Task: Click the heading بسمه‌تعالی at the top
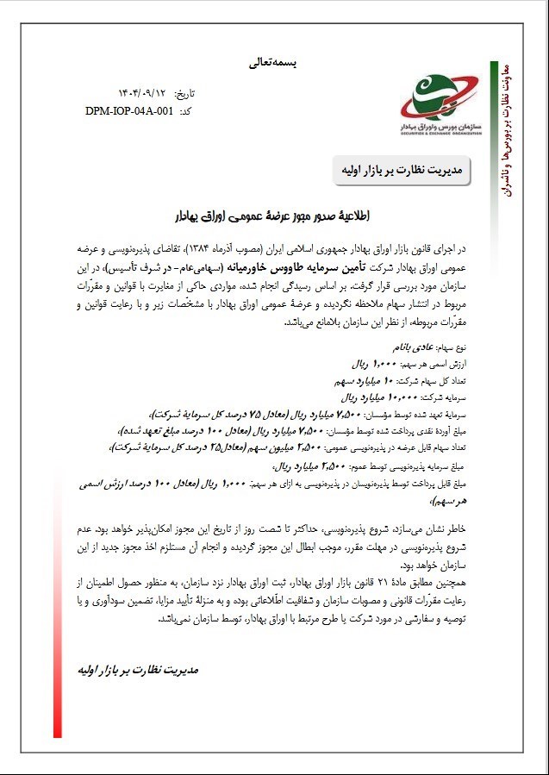coord(271,63)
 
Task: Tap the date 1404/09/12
coord(141,92)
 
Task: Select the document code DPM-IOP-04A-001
coord(129,111)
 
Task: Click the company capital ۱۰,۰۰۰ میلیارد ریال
coord(388,397)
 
